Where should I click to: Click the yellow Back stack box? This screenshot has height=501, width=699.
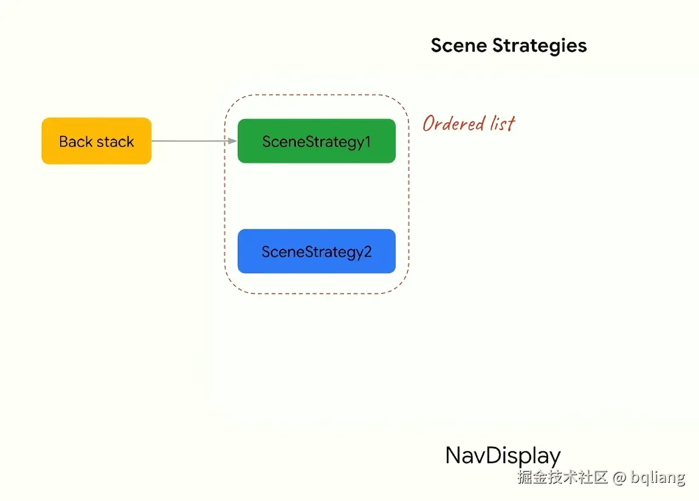pos(96,141)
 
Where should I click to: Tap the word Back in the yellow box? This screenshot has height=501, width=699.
pos(75,141)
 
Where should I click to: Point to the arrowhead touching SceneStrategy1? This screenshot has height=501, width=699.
pos(232,141)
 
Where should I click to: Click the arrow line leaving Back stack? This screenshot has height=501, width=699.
pos(188,141)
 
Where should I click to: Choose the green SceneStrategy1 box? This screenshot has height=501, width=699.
pos(316,141)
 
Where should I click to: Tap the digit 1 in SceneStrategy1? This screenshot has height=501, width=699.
pos(367,141)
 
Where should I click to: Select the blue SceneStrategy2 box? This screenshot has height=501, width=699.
pos(316,251)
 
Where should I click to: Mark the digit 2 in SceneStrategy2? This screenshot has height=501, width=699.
pos(367,251)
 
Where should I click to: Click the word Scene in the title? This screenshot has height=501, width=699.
pos(459,46)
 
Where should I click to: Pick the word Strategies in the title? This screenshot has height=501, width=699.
pos(540,46)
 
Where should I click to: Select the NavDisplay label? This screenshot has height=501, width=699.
pos(503,455)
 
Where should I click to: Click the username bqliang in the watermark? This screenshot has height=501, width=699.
pos(658,477)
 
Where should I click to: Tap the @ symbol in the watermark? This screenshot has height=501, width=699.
pos(619,477)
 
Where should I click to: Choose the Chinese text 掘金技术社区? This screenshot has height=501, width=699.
pos(562,477)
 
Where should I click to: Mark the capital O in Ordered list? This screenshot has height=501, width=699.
pos(430,124)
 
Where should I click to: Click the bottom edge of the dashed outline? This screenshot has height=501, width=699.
pos(316,294)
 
